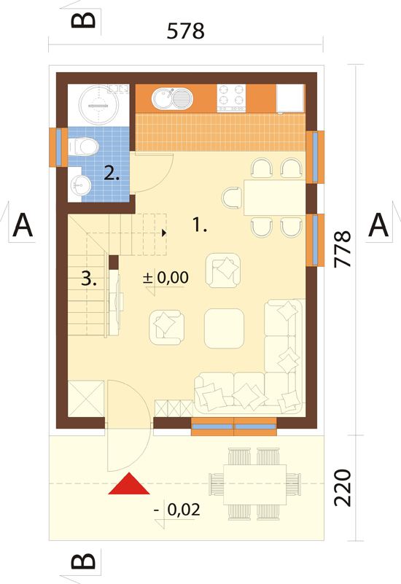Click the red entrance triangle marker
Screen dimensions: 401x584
[129, 485]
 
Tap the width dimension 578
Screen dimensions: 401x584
[185, 31]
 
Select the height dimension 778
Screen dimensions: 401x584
[343, 249]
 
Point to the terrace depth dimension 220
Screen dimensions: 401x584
[343, 488]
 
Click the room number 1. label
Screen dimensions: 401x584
[200, 225]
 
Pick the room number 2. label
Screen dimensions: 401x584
[112, 174]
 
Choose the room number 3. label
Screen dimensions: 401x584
[89, 279]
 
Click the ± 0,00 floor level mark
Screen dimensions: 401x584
[166, 278]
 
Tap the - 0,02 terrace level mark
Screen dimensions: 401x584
[177, 510]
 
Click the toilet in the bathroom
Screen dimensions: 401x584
[84, 146]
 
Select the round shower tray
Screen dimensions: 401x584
[99, 104]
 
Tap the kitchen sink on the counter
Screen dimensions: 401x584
[172, 98]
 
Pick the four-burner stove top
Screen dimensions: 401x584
[232, 98]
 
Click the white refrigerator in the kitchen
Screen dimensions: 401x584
[290, 98]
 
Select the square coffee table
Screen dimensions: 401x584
[224, 329]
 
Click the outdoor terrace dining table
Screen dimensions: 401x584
[254, 485]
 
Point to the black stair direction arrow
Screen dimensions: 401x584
[164, 233]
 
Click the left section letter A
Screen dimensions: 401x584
[23, 225]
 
